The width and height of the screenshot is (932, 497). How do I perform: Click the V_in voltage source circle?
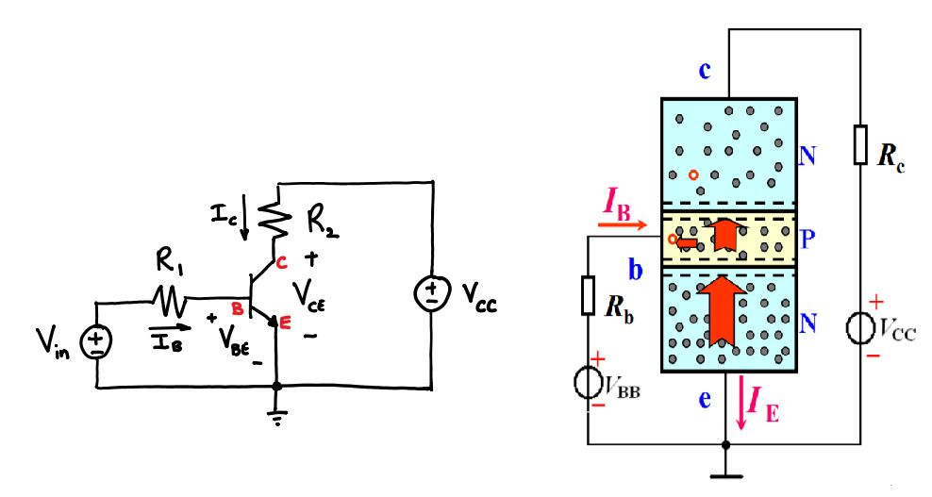(97, 341)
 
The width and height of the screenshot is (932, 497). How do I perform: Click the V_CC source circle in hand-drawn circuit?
(431, 295)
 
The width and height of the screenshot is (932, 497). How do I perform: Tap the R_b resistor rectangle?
(588, 296)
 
